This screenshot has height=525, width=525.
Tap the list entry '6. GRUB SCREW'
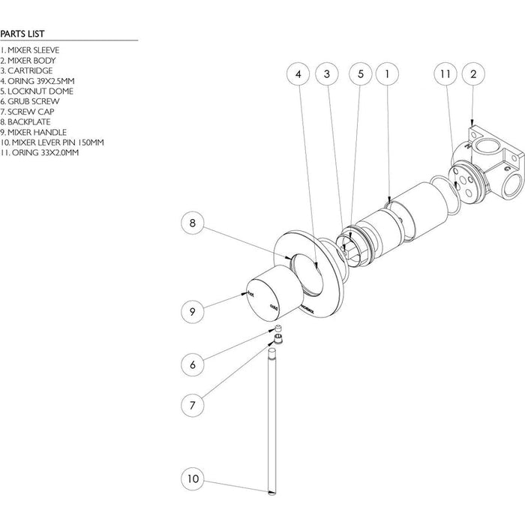[x=29, y=100]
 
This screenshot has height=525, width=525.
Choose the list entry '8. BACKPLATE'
[x=26, y=121]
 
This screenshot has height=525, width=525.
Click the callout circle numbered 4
[x=298, y=74]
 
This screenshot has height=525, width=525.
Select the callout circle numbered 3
[x=327, y=74]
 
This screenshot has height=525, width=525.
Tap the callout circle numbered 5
[x=360, y=74]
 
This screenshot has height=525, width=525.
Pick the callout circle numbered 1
[x=386, y=74]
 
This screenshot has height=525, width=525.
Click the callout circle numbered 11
[x=445, y=74]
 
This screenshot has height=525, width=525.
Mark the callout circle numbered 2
[x=473, y=74]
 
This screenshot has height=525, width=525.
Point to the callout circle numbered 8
[x=193, y=223]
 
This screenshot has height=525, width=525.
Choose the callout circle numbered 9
[x=193, y=310]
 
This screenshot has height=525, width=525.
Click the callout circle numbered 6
[x=193, y=364]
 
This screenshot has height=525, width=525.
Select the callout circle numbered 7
[x=193, y=405]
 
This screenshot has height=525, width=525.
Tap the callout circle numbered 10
[x=193, y=477]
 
